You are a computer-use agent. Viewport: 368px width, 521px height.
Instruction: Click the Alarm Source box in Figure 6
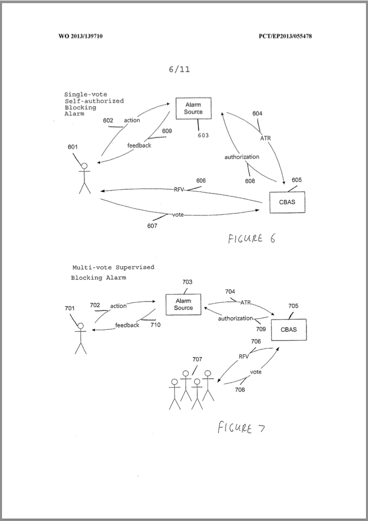(193, 108)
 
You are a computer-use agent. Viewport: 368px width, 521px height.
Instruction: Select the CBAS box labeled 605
(287, 202)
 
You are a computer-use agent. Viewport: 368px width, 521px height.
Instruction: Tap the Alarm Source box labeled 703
(183, 304)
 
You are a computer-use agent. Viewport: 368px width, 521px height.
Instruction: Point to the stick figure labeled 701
(80, 338)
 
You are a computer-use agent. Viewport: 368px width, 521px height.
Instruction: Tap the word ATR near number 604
(265, 138)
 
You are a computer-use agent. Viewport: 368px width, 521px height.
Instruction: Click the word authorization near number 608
(241, 157)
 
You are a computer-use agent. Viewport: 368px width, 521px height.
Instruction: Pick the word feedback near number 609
(139, 146)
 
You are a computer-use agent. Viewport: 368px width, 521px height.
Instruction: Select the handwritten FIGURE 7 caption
(241, 428)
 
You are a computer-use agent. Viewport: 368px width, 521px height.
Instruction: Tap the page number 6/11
(179, 69)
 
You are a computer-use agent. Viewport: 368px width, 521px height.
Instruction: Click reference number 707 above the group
(197, 359)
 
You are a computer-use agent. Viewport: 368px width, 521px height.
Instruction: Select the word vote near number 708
(256, 372)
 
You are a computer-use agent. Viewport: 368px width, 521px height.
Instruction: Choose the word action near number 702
(118, 306)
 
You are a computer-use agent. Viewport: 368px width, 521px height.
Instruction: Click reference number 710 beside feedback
(155, 325)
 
